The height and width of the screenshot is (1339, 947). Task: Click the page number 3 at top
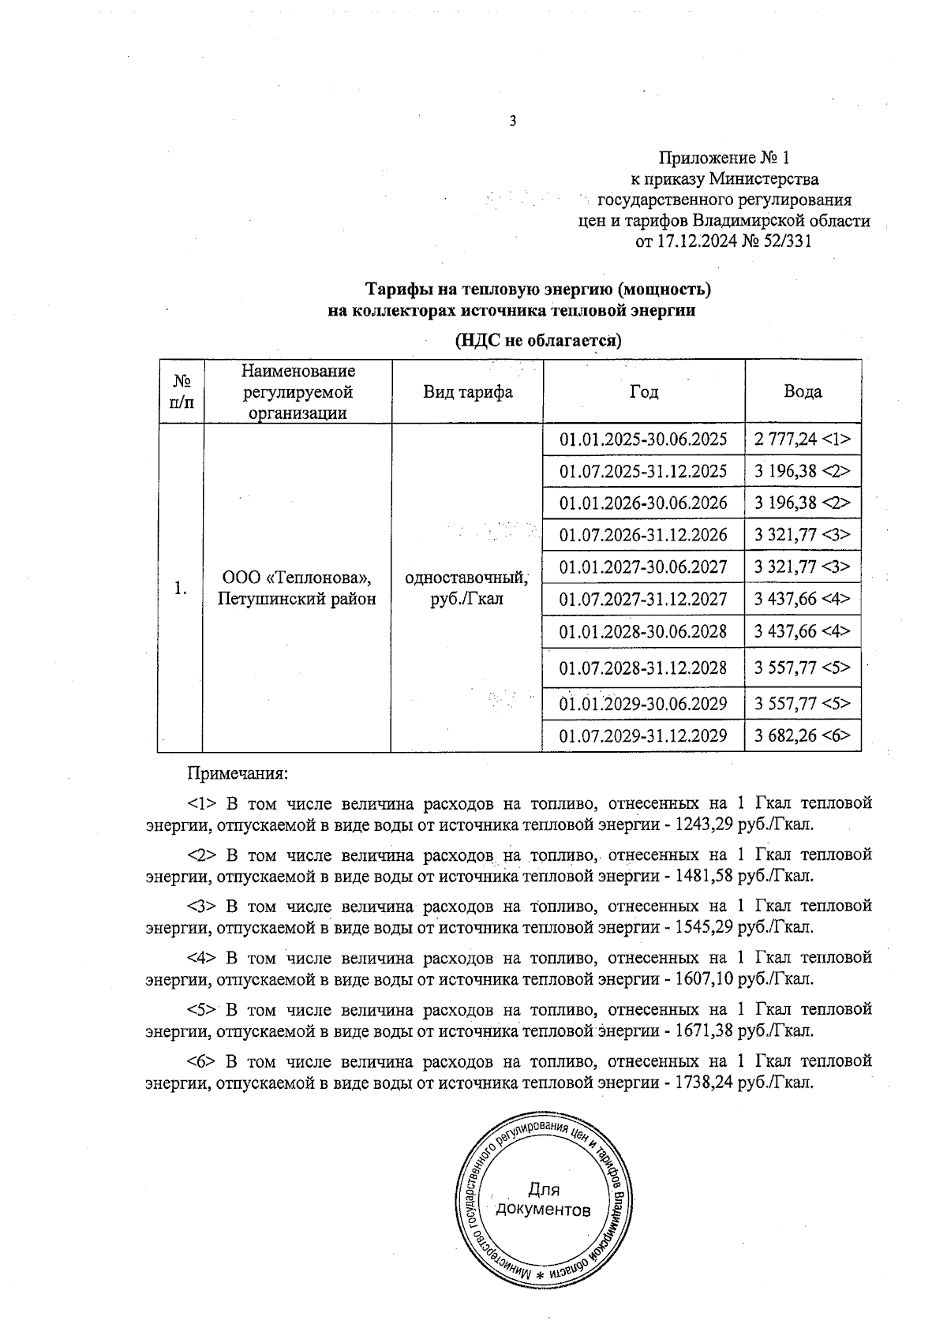513,121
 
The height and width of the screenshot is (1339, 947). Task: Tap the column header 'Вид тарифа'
467,392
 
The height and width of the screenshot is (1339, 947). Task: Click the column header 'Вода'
803,392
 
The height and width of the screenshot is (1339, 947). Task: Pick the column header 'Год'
644,392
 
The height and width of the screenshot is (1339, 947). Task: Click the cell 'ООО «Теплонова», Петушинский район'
297,589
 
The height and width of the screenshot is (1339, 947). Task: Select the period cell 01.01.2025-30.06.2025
643,439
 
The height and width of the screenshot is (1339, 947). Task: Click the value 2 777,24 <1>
803,439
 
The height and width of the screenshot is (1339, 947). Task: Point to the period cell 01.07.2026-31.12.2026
643,535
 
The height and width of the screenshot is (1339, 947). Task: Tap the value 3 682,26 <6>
803,736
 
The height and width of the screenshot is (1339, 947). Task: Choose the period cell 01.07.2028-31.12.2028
643,668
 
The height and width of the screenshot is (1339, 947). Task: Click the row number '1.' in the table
181,589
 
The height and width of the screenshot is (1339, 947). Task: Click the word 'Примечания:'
236,774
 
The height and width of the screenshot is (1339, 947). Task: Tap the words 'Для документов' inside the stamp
543,1200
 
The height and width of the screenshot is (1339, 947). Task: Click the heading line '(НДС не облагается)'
538,341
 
